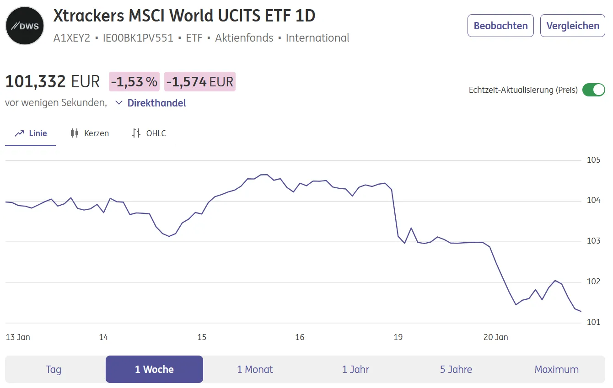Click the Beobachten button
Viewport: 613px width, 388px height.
(500, 26)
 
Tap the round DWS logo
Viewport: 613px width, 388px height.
(25, 26)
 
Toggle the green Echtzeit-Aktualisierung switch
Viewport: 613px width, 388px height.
(593, 90)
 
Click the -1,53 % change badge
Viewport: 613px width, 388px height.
(134, 82)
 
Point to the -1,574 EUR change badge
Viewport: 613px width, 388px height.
(200, 82)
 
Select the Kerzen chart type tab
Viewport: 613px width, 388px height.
(90, 133)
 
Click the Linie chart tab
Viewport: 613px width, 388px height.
(31, 133)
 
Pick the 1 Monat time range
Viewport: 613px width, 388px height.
(255, 369)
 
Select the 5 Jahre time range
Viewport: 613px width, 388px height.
(456, 369)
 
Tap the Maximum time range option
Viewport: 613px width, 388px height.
(556, 369)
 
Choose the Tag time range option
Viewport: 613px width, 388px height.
(54, 369)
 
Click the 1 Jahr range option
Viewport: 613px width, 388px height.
(355, 369)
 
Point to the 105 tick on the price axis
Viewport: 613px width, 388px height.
(593, 160)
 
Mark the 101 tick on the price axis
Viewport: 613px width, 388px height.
(593, 322)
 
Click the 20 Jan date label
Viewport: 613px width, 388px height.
(496, 337)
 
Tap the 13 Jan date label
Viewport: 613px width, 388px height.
(18, 337)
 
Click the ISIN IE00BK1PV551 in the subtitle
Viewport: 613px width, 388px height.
(138, 38)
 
